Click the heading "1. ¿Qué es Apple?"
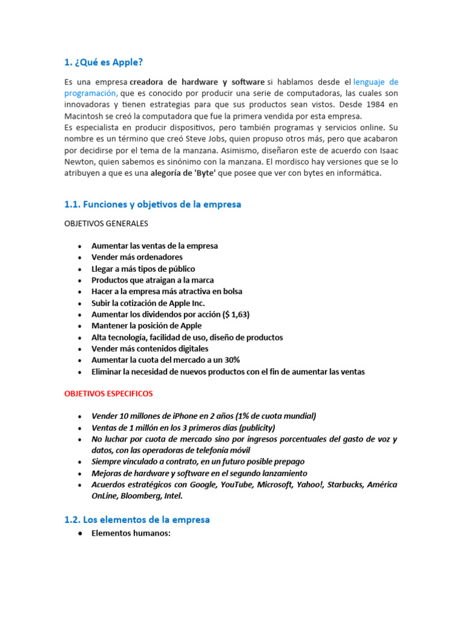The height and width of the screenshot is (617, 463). pyautogui.click(x=104, y=62)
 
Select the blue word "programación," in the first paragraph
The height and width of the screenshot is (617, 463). pyautogui.click(x=91, y=93)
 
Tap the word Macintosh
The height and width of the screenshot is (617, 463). pyautogui.click(x=85, y=116)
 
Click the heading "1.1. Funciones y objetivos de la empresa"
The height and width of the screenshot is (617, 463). pyautogui.click(x=153, y=204)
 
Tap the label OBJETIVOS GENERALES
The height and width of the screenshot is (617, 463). pyautogui.click(x=106, y=224)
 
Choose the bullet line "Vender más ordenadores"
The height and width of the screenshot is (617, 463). pyautogui.click(x=137, y=257)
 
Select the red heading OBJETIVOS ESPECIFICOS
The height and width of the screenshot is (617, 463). pyautogui.click(x=109, y=393)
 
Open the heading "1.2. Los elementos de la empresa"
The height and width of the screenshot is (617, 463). pyautogui.click(x=137, y=519)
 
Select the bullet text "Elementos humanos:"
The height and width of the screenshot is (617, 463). pyautogui.click(x=131, y=533)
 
